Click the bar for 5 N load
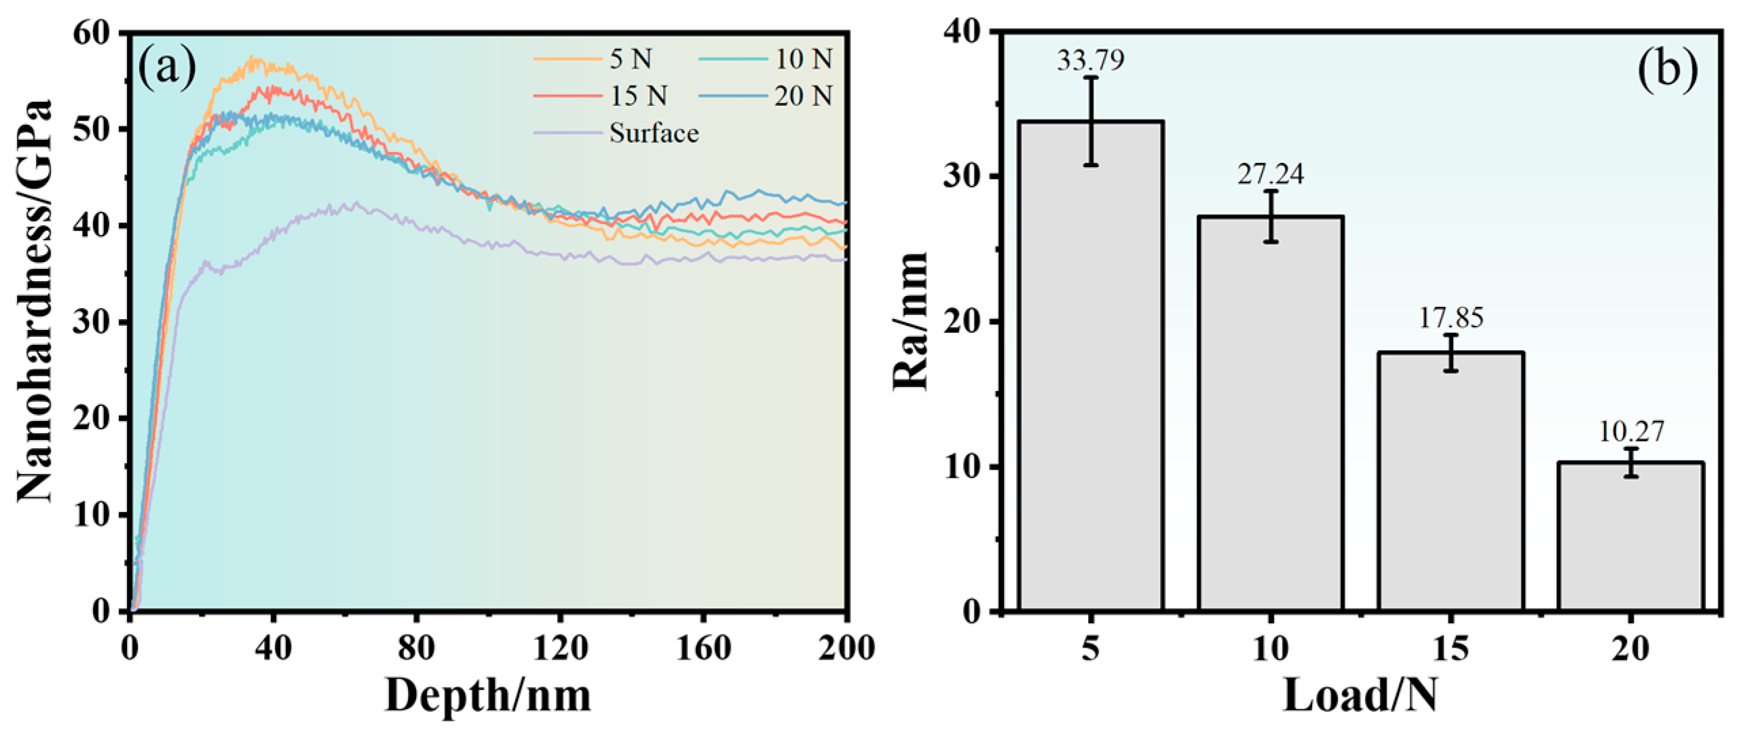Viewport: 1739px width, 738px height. coord(1091,367)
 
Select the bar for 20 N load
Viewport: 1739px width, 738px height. coord(1630,536)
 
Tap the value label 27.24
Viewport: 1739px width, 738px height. coord(1270,174)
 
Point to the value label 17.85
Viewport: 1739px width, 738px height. coord(1451,317)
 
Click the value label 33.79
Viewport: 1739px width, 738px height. coord(1090,60)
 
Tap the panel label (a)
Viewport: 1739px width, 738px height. coord(167,68)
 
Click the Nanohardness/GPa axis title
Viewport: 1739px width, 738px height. coord(35,302)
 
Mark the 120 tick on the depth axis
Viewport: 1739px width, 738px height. coord(560,648)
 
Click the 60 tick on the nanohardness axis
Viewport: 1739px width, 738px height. coord(92,33)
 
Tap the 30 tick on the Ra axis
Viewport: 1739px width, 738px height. coord(962,177)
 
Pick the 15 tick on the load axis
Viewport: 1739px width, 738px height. coord(1451,648)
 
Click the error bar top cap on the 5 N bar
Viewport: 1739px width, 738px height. coord(1091,77)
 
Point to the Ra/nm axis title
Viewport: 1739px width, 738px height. coord(910,320)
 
